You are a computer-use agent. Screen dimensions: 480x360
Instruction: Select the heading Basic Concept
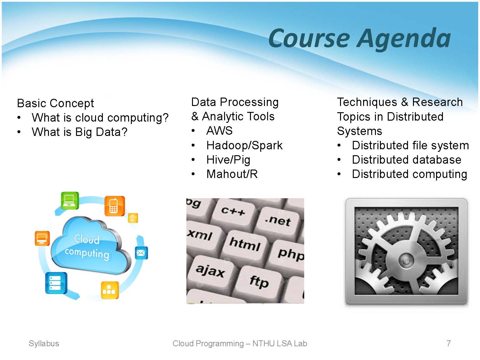pos(55,103)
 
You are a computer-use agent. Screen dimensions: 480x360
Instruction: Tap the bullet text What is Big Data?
pos(79,132)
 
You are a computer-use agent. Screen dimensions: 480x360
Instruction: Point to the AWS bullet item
pos(219,131)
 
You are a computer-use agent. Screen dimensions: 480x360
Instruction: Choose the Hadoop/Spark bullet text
pos(244,146)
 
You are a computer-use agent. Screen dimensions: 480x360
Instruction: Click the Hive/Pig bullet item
pos(228,160)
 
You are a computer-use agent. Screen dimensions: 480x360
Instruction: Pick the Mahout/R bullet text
pos(232,174)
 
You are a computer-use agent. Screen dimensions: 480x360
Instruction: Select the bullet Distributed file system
pos(410,146)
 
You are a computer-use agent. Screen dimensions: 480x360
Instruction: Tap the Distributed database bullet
pos(407,160)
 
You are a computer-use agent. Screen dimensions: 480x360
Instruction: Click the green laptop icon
pos(70,201)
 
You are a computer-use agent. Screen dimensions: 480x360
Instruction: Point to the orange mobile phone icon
pos(115,206)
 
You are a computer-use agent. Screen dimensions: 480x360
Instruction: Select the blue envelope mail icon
pos(141,253)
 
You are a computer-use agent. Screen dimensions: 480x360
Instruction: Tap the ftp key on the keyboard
pos(259,282)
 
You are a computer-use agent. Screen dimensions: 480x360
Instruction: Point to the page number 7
pos(449,343)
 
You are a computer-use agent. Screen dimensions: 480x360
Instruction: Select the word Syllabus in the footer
pos(44,344)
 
